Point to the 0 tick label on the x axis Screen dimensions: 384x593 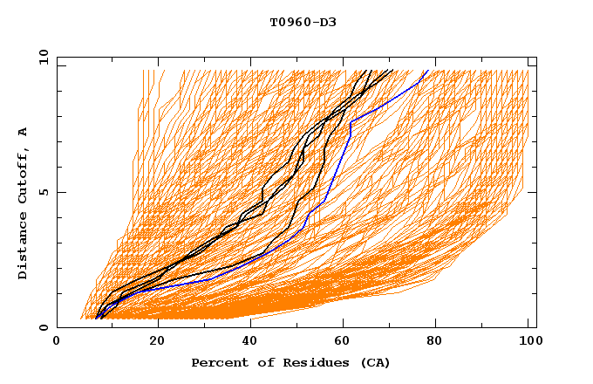57,342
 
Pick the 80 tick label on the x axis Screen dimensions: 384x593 434,342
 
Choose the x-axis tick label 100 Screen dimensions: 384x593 528,342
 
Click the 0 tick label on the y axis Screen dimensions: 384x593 43,327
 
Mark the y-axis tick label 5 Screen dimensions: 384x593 43,192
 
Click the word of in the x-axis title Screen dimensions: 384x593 259,363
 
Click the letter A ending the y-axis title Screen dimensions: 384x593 24,132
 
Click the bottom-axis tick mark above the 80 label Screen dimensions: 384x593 434,324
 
